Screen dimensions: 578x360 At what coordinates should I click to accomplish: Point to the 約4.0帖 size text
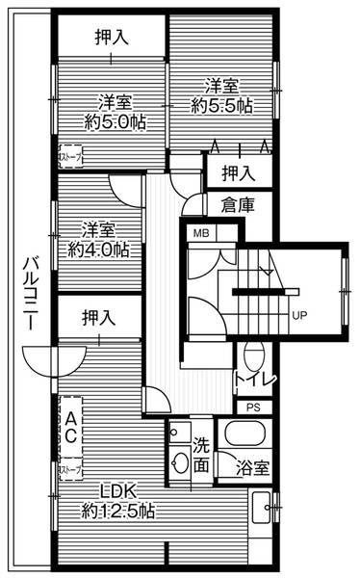click(x=99, y=250)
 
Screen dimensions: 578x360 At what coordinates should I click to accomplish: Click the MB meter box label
click(x=201, y=234)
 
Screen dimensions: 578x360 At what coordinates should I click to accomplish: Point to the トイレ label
click(x=255, y=380)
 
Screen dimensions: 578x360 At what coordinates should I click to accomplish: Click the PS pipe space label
click(x=253, y=407)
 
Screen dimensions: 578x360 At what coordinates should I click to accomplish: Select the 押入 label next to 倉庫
click(x=237, y=173)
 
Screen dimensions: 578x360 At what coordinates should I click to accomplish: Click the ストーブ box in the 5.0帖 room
click(x=71, y=155)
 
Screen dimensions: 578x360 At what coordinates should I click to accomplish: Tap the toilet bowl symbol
click(x=254, y=355)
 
